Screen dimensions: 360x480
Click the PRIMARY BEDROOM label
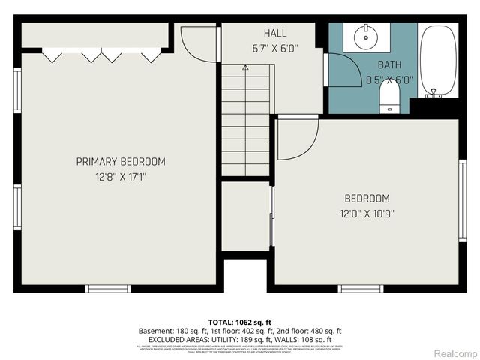[121, 161]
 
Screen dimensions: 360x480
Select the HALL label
[274, 34]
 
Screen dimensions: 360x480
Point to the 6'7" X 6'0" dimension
[274, 49]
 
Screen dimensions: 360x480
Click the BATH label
[389, 64]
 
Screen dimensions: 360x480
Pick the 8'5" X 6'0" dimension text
[389, 79]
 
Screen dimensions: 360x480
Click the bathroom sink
[367, 36]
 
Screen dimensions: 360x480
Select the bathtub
[439, 60]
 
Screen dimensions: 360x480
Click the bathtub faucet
[433, 94]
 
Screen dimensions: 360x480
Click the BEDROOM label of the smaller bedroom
[367, 199]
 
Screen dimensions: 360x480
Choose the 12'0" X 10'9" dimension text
[367, 213]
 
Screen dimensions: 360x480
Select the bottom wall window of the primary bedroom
[109, 288]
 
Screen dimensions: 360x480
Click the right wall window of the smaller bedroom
[463, 199]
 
